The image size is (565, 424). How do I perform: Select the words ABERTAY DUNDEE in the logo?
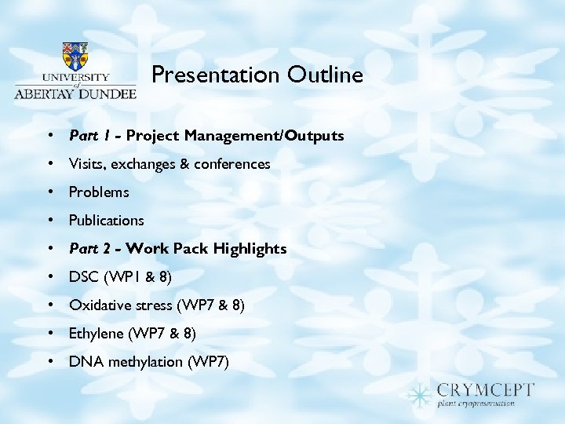pos(75,92)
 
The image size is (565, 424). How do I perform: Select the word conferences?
pos(233,164)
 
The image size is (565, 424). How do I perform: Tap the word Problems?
pos(99,192)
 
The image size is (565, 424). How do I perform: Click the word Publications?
pos(107,221)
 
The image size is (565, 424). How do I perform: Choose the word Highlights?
pos(250,249)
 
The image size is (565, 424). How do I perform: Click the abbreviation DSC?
pos(83,277)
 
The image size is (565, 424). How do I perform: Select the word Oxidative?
pos(97,305)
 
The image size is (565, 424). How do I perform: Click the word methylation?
pos(145,362)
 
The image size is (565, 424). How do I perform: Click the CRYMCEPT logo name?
pos(486,389)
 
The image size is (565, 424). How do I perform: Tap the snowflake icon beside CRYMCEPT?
pos(420,393)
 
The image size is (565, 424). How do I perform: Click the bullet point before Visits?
pos(49,164)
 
